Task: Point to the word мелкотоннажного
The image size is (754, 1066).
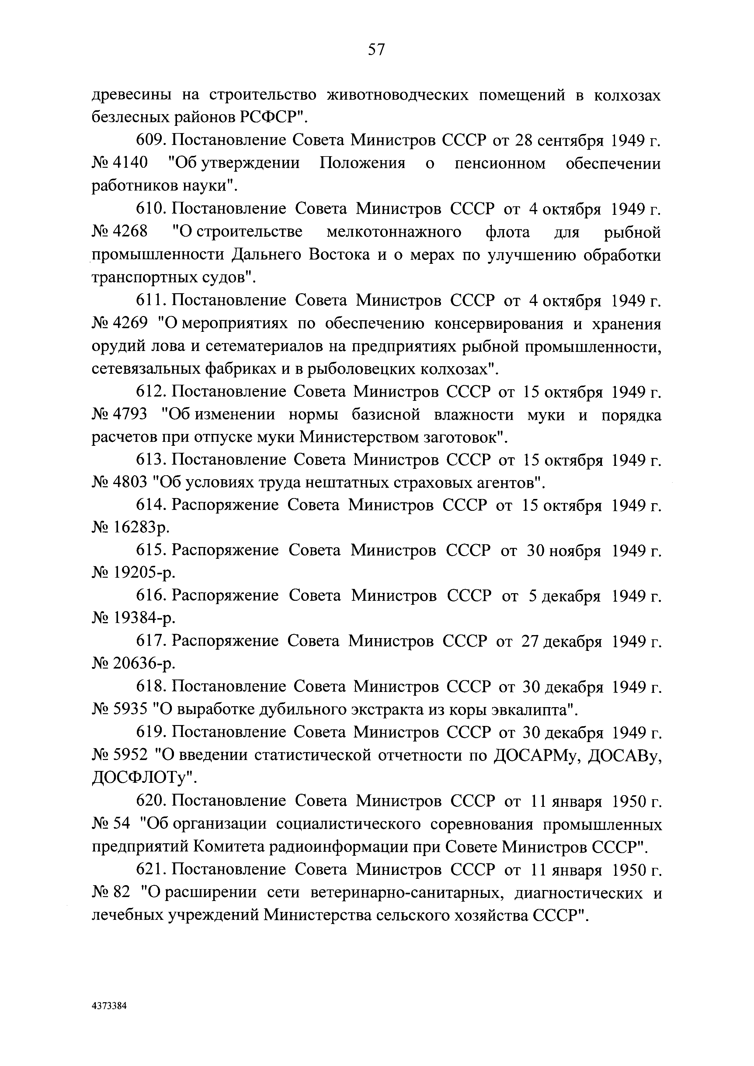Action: (x=394, y=232)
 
